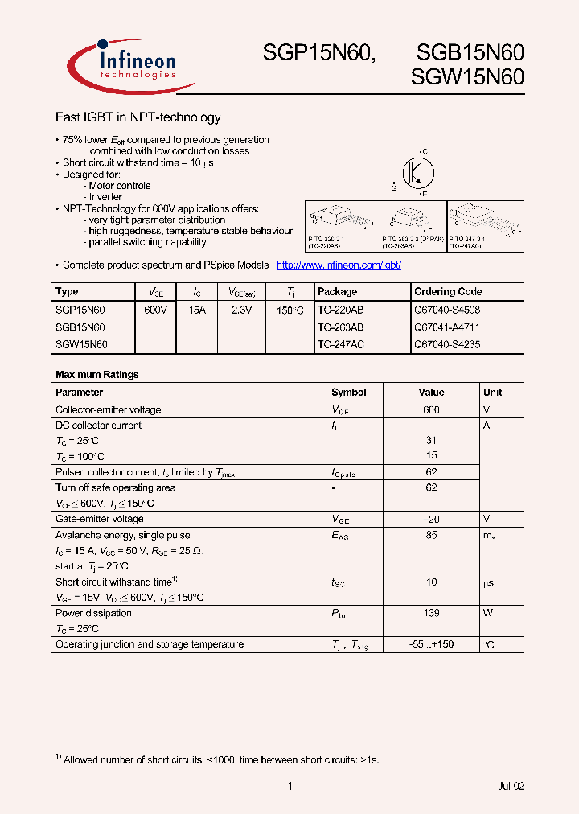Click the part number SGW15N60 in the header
pos(467,78)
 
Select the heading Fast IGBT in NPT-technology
pos(138,117)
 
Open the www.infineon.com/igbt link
pos(338,265)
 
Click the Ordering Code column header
pos(447,292)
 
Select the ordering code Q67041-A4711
pos(446,327)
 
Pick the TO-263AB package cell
pos(340,327)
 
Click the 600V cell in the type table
pos(155,310)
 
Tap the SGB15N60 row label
pos(80,327)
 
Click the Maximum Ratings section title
pos(96,375)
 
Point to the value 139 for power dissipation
pos(431,613)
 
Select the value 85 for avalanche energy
pos(431,535)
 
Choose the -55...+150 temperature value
pos(431,644)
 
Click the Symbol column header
pos(348,393)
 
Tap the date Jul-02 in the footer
pos(511,786)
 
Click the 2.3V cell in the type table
pos(241,310)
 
